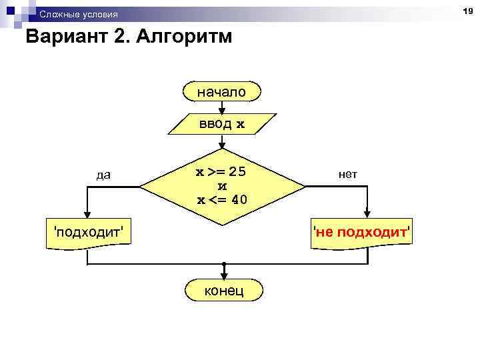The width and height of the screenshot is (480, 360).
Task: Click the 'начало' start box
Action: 221,91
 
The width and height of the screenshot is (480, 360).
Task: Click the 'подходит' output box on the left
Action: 87,233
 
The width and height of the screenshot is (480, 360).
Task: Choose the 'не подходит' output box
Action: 363,233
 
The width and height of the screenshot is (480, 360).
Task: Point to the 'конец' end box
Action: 224,291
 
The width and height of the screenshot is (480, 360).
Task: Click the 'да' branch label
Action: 104,175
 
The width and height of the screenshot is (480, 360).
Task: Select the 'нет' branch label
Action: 348,174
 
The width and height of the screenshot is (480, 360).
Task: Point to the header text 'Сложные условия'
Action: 78,15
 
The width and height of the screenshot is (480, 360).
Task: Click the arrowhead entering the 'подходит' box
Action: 87,214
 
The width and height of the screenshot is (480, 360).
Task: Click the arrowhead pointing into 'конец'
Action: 224,276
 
